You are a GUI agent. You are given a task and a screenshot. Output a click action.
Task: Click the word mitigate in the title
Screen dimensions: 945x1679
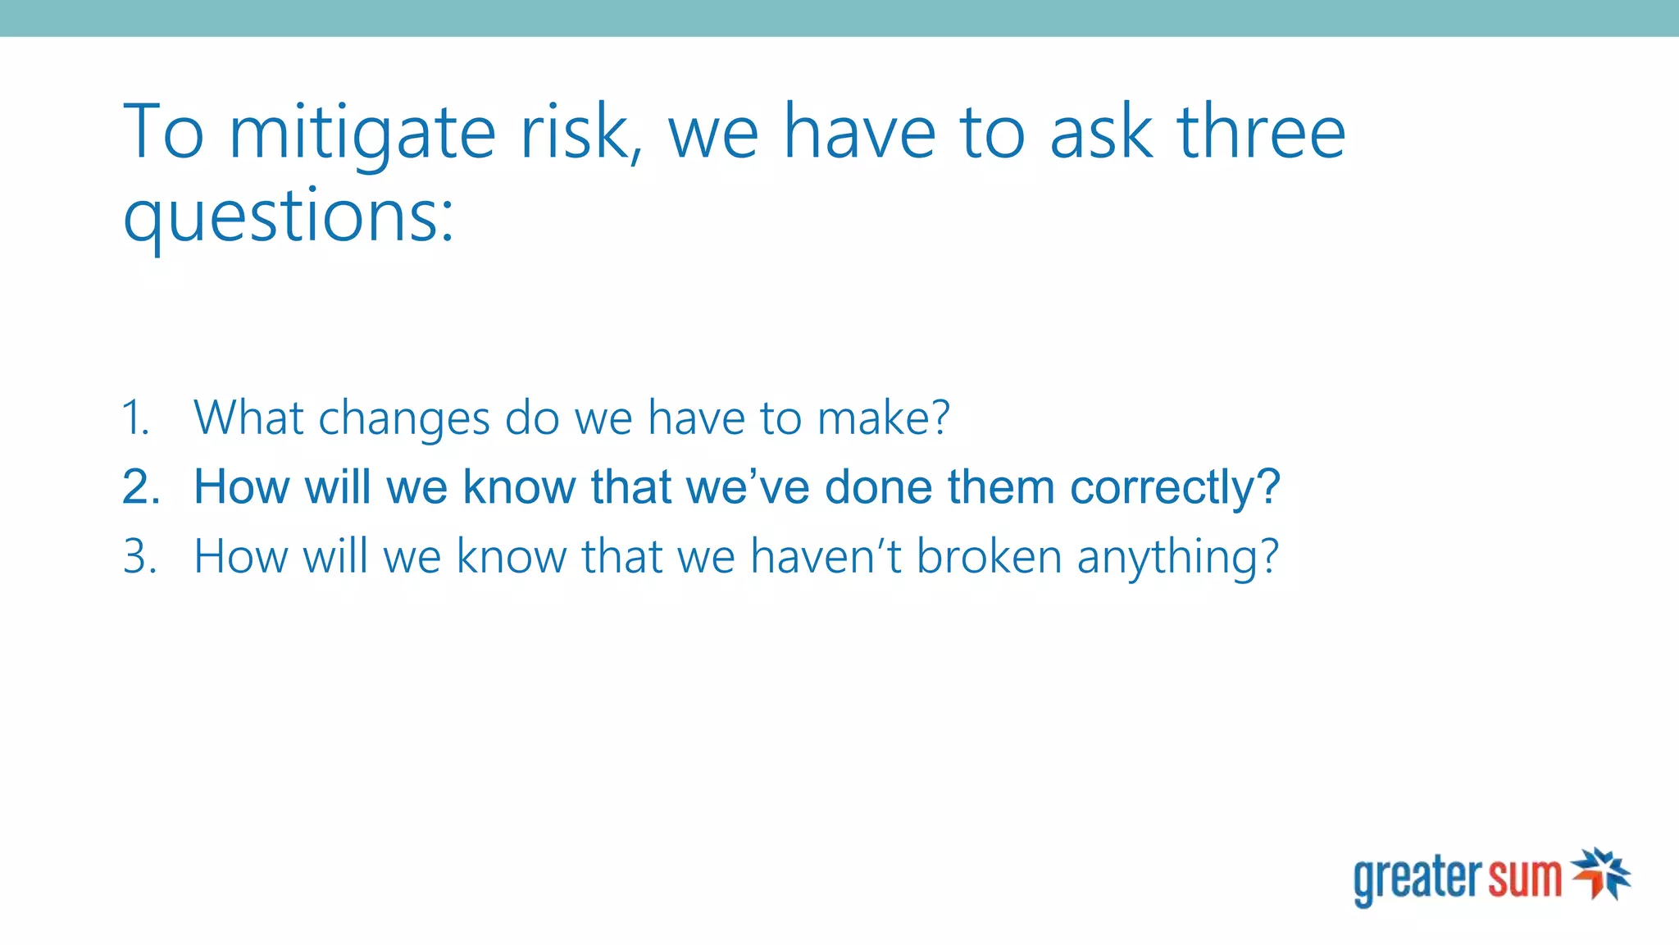click(x=362, y=134)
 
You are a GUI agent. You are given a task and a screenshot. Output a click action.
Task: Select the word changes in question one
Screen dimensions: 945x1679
click(x=403, y=419)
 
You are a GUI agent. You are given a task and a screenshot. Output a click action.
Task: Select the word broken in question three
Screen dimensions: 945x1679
click(x=989, y=557)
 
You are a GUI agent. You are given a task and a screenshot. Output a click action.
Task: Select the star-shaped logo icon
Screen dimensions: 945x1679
click(x=1601, y=874)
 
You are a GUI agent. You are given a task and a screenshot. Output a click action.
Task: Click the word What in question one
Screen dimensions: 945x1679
click(x=249, y=418)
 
